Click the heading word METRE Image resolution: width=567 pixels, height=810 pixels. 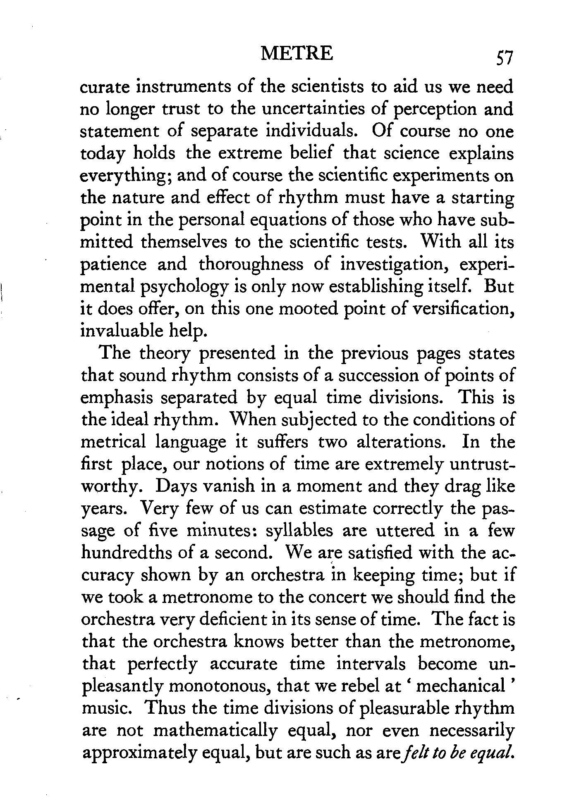click(297, 54)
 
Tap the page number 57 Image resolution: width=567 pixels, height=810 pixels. click(499, 57)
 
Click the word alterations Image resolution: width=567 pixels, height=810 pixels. click(400, 442)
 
